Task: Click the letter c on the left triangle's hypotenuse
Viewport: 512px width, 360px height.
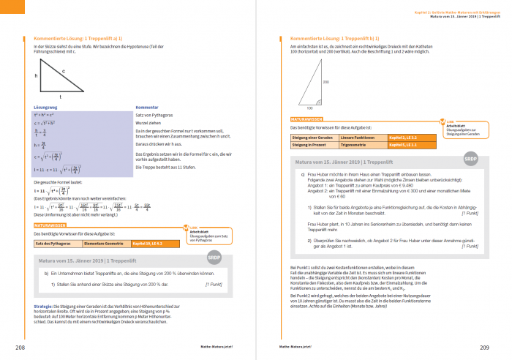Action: click(x=64, y=71)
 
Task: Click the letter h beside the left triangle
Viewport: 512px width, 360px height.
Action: click(x=35, y=75)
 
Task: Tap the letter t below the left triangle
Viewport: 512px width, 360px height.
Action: click(x=59, y=96)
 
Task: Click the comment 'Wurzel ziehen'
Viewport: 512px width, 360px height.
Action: click(x=149, y=123)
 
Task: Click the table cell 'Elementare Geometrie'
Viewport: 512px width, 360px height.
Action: click(x=102, y=242)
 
